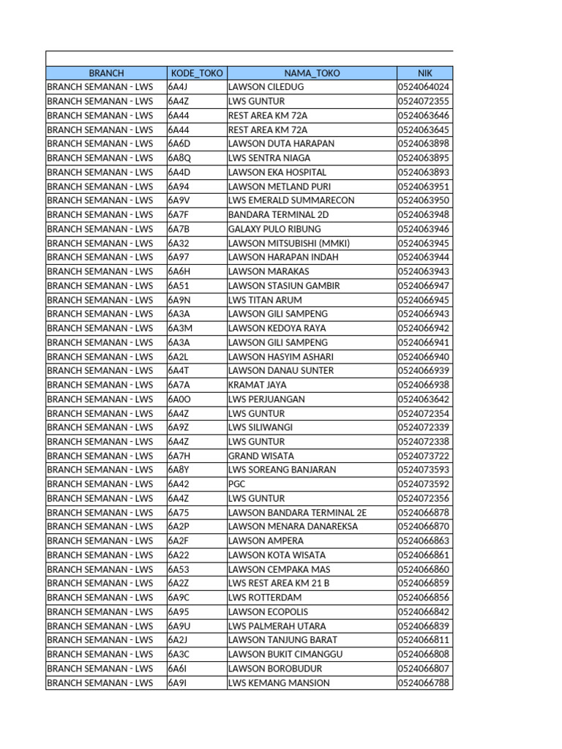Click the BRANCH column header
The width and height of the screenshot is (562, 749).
tap(106, 73)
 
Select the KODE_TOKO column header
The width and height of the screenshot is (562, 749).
tap(197, 73)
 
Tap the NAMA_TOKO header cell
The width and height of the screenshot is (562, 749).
tap(312, 73)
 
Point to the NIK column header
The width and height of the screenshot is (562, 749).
tap(425, 73)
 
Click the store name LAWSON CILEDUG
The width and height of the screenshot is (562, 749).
tap(266, 87)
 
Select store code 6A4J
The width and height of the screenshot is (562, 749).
tap(178, 87)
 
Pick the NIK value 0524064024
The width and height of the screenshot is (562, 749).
tap(424, 87)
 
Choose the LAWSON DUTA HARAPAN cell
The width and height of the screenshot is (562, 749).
tap(281, 143)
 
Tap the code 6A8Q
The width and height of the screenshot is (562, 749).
tap(179, 158)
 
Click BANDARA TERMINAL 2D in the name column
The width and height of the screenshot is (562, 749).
tap(278, 214)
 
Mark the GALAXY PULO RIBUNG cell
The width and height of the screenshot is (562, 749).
tap(274, 229)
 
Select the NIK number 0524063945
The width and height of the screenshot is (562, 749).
tap(424, 243)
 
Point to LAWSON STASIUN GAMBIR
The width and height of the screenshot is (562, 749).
tap(284, 286)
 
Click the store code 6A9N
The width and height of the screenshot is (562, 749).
tap(179, 300)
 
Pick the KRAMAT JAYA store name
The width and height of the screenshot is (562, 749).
tap(257, 385)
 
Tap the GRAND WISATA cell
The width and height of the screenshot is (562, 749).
tap(260, 456)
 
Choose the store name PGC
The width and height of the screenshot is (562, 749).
tap(237, 484)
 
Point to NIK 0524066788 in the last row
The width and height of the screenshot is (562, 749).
tap(424, 683)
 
